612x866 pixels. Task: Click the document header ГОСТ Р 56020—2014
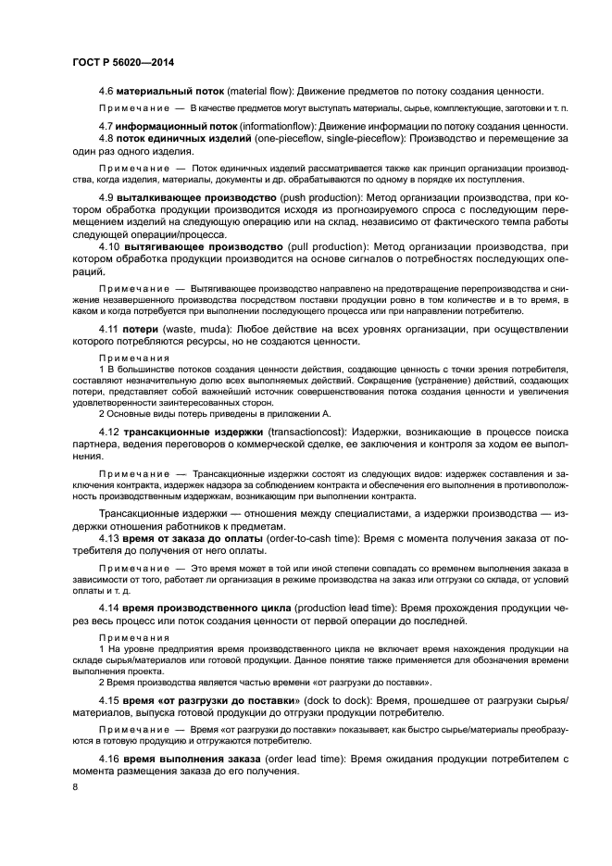[x=123, y=62]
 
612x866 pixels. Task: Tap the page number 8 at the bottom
[x=75, y=787]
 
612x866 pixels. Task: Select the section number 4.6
[x=106, y=91]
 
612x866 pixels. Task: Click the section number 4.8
[x=106, y=138]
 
